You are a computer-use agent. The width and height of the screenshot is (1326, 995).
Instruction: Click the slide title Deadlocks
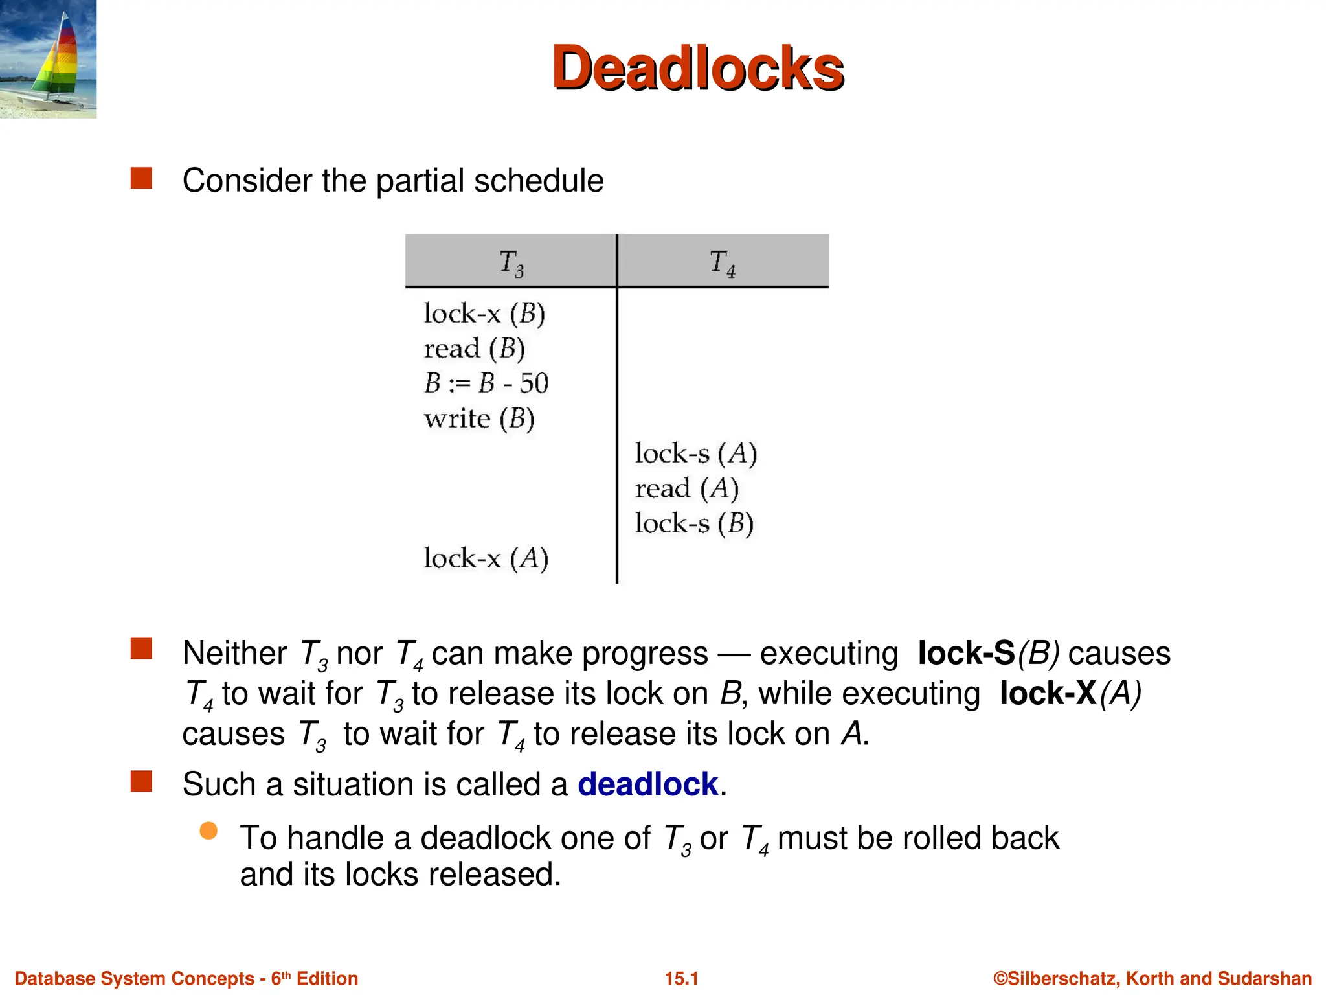[697, 68]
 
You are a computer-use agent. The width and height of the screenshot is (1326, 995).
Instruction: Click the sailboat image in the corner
[49, 60]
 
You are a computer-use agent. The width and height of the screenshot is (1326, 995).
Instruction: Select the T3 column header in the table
[511, 262]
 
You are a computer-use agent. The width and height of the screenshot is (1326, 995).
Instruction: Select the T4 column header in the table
[722, 262]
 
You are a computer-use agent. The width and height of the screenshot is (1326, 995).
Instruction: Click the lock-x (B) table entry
[484, 314]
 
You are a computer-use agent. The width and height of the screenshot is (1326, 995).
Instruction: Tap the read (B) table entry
[474, 349]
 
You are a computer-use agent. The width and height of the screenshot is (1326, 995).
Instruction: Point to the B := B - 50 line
[486, 383]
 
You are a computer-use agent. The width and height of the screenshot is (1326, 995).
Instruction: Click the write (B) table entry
[479, 418]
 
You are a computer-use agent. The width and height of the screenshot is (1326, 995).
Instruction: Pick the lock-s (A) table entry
[695, 453]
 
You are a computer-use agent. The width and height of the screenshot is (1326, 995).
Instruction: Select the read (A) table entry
[686, 488]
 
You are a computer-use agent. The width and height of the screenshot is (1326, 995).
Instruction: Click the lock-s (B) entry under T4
[694, 523]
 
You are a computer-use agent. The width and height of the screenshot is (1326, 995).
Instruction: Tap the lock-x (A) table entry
[486, 558]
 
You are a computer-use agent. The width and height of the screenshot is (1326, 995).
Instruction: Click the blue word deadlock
[647, 784]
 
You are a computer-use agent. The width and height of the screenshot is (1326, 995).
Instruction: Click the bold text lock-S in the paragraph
[966, 653]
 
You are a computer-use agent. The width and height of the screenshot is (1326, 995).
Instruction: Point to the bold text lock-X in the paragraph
[1048, 694]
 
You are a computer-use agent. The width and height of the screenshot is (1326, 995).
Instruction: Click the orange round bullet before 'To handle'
[208, 831]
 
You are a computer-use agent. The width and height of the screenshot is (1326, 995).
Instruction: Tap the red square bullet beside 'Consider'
[141, 178]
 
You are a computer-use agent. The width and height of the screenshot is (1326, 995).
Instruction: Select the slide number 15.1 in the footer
[681, 978]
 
